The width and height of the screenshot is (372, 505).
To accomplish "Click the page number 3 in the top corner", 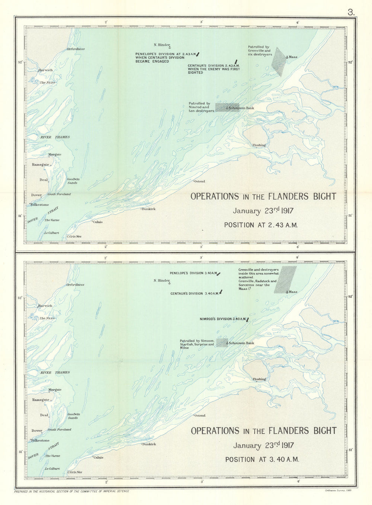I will pos(351,12).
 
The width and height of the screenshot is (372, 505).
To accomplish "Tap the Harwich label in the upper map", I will pos(45,70).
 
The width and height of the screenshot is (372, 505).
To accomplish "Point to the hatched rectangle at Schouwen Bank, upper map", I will pos(227,107).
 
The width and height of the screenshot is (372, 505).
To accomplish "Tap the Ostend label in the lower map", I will pos(200,415).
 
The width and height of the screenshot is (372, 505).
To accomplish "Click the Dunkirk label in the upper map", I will pos(149,209).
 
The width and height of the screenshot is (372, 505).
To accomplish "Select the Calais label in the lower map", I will pos(98,457).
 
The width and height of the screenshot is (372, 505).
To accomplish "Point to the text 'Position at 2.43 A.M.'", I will pos(260,225).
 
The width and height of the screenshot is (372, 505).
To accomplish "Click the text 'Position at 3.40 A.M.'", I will pos(262,460).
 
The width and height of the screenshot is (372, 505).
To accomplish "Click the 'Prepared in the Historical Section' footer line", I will pos(71,491).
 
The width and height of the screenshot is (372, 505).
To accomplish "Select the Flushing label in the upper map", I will pos(259,145).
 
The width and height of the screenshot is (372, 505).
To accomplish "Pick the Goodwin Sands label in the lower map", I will pos(73,416).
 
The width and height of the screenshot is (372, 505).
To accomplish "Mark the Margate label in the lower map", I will pos(55,390).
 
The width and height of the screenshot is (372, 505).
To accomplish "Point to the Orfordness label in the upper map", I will pos(76,49).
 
